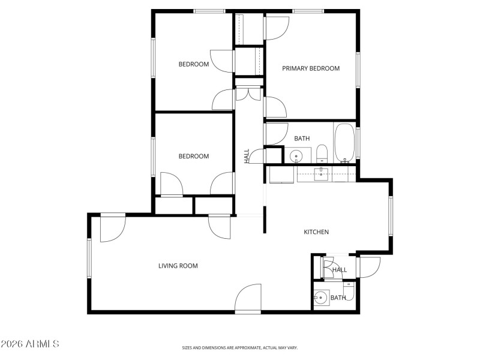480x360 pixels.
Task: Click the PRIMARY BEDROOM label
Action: click(x=311, y=68)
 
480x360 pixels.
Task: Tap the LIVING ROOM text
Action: click(x=178, y=266)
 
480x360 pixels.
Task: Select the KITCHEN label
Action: click(x=316, y=232)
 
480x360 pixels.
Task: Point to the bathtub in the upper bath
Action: click(x=344, y=143)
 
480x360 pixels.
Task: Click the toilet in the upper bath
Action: click(x=321, y=154)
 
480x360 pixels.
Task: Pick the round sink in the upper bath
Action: click(x=296, y=157)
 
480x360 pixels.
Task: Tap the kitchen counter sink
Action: click(x=320, y=174)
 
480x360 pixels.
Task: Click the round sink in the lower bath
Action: click(x=321, y=297)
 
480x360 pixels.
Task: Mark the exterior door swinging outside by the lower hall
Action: click(x=370, y=267)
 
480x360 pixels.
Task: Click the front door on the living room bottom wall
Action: click(x=248, y=299)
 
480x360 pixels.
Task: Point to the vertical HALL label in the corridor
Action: click(x=247, y=156)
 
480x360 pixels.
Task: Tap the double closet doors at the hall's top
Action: click(x=248, y=94)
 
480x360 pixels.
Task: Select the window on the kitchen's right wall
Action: click(x=390, y=215)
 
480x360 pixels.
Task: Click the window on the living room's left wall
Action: click(x=89, y=258)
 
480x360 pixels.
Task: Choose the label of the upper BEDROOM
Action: click(x=194, y=64)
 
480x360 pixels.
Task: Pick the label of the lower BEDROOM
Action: click(x=194, y=157)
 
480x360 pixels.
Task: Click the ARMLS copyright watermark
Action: click(x=30, y=344)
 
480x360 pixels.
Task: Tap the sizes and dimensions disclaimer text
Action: click(x=240, y=347)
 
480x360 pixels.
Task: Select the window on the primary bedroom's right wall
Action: click(x=358, y=70)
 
